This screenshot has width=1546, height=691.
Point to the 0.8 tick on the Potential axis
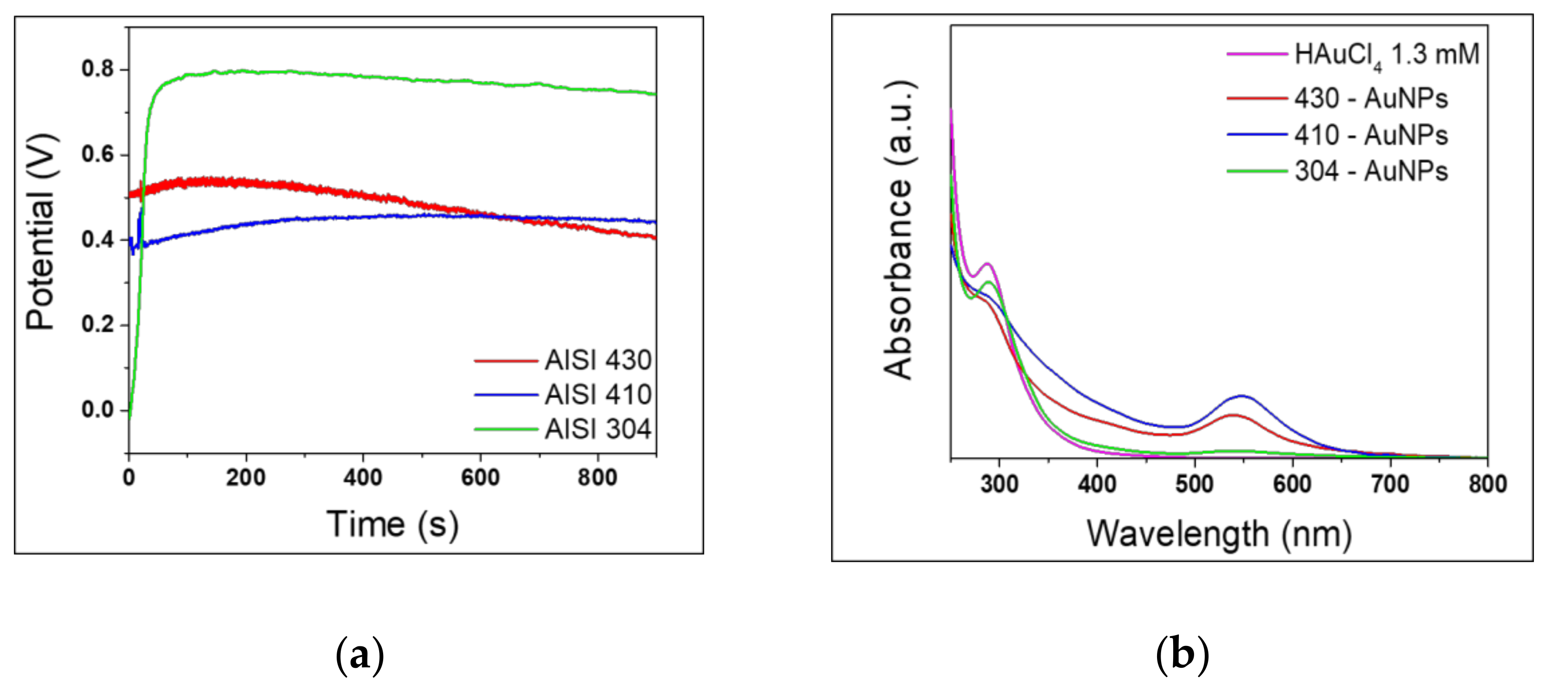[x=97, y=70]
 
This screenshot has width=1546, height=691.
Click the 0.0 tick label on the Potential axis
[x=97, y=410]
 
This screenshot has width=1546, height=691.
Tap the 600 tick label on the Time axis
[x=480, y=478]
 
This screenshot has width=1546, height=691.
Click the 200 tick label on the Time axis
[x=246, y=478]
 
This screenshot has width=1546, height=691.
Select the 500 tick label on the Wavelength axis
[x=1194, y=483]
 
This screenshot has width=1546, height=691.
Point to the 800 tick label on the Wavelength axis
[x=1487, y=483]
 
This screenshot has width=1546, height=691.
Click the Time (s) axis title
[x=393, y=525]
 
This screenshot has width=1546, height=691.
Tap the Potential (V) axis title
[x=41, y=232]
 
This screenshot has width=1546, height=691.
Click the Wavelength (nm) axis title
[x=1219, y=534]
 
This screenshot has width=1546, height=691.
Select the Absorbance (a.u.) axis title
[x=898, y=230]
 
